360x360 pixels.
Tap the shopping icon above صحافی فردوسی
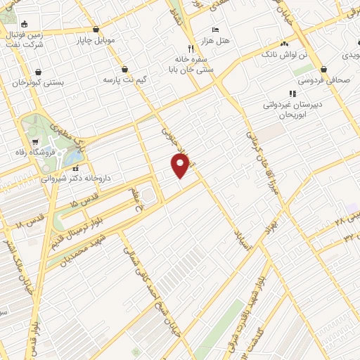(323, 69)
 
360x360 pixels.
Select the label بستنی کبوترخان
(38, 82)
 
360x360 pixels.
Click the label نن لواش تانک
(284, 54)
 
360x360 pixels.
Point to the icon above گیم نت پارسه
(125, 69)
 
